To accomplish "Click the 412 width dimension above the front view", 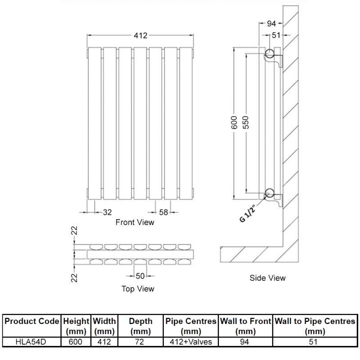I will click(140, 36).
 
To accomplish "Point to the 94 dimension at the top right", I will click(271, 23).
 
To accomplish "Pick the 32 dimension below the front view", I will click(108, 212).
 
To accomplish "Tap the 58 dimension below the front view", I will click(164, 212).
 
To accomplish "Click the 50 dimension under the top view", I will click(140, 275).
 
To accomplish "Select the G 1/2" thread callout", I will click(248, 215).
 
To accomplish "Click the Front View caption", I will click(135, 222).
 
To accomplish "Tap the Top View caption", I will click(138, 288).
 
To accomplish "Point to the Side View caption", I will click(267, 278).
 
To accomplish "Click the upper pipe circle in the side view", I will click(270, 55).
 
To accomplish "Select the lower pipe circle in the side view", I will click(270, 193).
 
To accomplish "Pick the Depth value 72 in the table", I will click(140, 342).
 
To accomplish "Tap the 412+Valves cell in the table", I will click(190, 342).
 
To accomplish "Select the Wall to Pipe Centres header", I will click(315, 326).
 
